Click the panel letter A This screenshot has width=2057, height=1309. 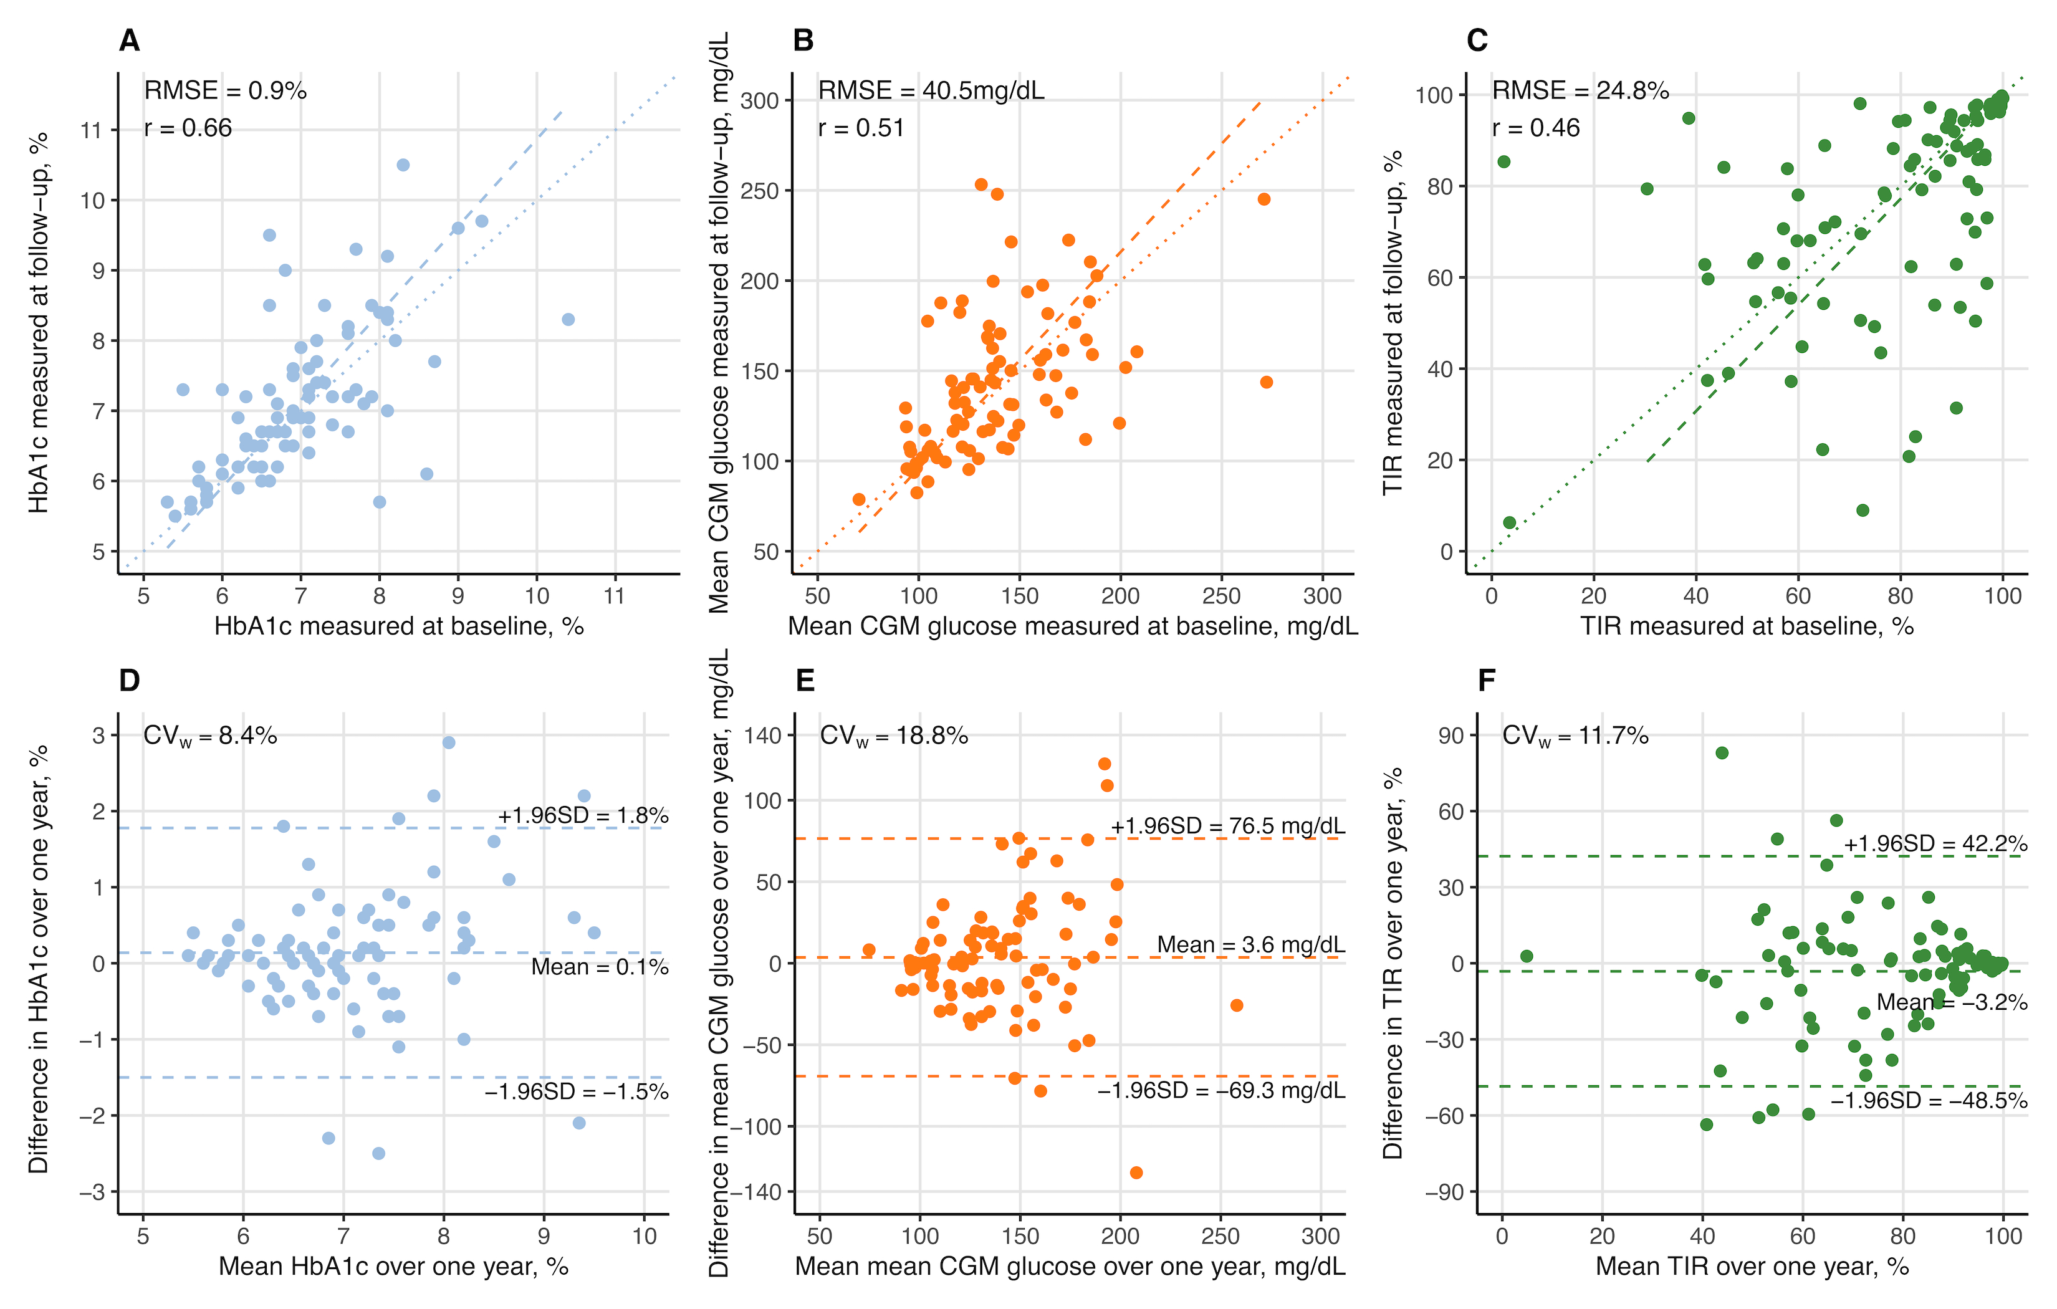(129, 40)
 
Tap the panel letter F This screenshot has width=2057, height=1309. (1487, 680)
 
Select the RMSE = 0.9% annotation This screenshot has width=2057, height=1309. (224, 90)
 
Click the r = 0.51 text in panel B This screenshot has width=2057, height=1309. (860, 128)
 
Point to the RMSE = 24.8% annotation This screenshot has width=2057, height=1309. (1580, 90)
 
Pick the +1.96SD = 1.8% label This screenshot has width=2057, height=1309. (583, 815)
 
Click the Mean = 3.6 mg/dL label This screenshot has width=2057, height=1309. (1250, 944)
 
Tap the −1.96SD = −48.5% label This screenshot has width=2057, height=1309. (1928, 1101)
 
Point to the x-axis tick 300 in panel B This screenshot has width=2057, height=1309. (1322, 597)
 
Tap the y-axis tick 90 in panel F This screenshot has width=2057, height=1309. (1450, 736)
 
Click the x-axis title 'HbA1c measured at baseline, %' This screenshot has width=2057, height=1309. (399, 626)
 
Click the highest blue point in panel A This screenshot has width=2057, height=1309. (403, 165)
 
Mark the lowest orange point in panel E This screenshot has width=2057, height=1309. (1136, 1172)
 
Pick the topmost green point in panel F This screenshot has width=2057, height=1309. (1722, 753)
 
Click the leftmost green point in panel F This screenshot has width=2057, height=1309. (1527, 956)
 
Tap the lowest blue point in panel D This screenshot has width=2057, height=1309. (378, 1154)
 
